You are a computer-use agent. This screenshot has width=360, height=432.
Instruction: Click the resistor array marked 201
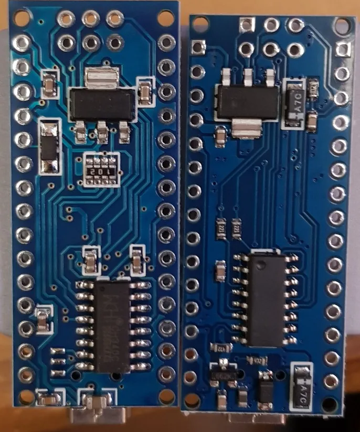click(x=101, y=170)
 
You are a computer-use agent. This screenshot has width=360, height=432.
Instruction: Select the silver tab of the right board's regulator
click(x=246, y=127)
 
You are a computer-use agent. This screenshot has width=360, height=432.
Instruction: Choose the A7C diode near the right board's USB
click(x=302, y=387)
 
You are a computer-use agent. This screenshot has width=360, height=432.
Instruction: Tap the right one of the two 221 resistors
click(x=237, y=229)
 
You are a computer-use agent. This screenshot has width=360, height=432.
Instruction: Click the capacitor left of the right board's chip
click(x=219, y=271)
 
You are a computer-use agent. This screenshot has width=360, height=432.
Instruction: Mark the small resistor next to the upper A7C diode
click(x=313, y=90)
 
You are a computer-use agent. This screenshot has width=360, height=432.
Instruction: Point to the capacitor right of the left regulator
click(x=144, y=92)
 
